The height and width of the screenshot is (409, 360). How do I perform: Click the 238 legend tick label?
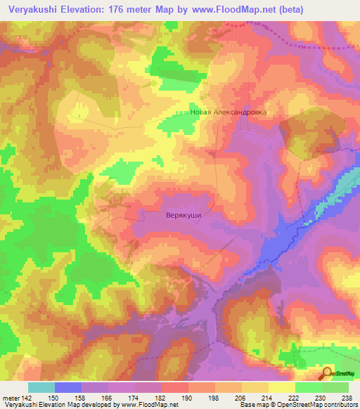click(347, 398)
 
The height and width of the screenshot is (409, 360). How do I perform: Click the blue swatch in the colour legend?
click(67, 387)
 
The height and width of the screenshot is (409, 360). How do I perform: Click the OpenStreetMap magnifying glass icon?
click(328, 374)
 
